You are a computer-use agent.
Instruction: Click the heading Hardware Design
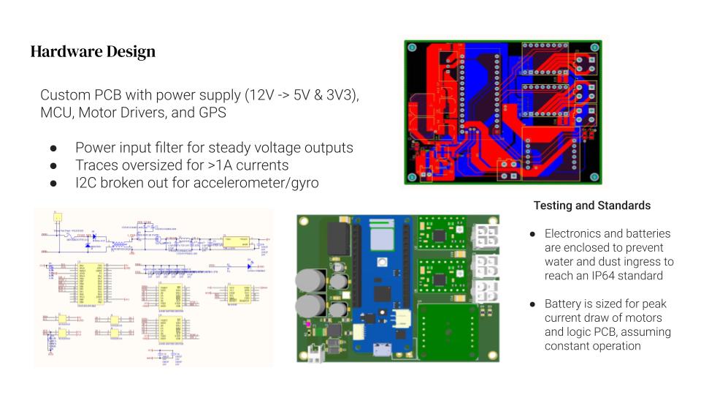(x=93, y=52)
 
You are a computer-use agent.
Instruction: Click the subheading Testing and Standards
(x=592, y=206)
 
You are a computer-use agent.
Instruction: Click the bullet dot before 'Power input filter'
(x=53, y=147)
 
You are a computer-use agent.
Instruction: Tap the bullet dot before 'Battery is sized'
(x=533, y=304)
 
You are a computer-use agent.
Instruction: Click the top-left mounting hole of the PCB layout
(x=412, y=48)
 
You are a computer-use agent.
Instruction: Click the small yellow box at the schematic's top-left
(x=57, y=217)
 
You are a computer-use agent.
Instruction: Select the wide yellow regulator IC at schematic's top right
(x=237, y=241)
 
